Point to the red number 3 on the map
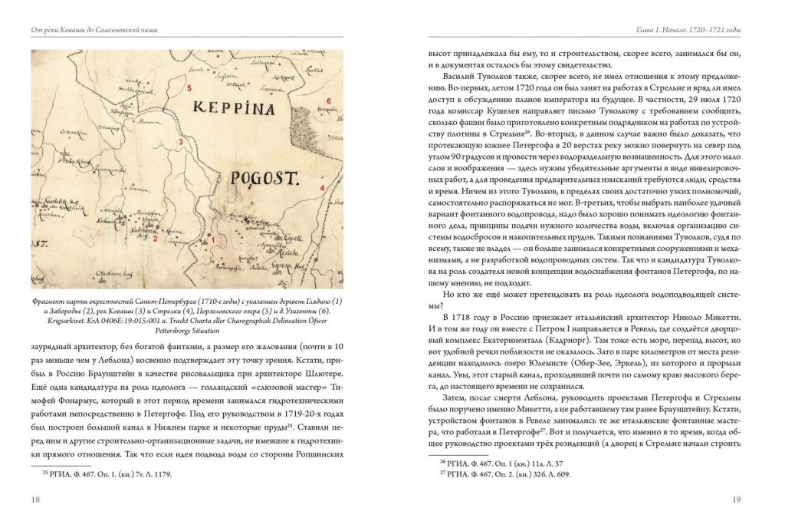click(x=181, y=142)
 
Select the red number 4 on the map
click(x=323, y=188)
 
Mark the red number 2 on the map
click(x=155, y=239)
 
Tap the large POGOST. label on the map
click(x=263, y=180)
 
